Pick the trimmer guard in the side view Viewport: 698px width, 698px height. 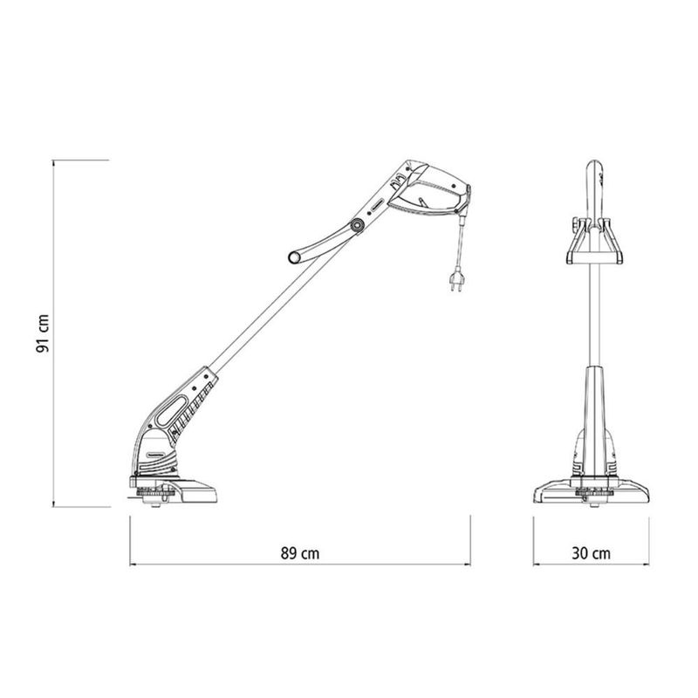[179, 493]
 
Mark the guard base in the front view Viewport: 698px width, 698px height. [592, 492]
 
